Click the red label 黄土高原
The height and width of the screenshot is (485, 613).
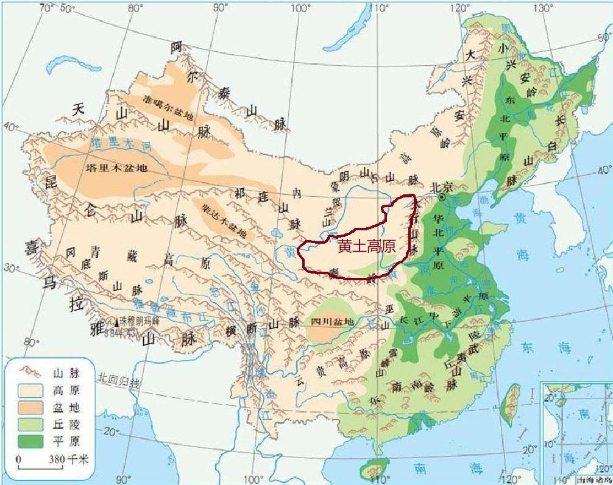[x=367, y=247]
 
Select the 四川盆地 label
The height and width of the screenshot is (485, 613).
[x=332, y=321]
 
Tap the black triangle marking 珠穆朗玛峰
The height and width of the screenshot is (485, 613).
[x=116, y=320]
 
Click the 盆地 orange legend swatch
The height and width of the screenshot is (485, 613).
[x=30, y=406]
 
